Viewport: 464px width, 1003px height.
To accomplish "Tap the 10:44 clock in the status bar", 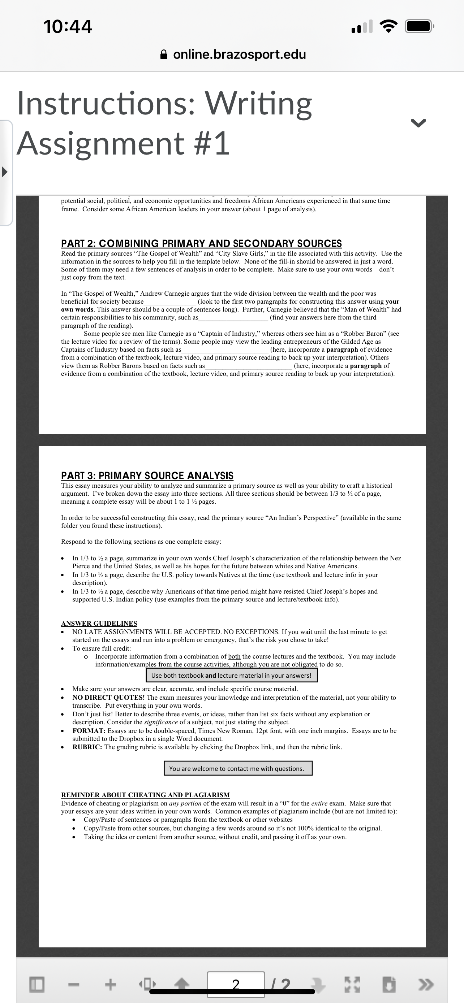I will [x=68, y=26].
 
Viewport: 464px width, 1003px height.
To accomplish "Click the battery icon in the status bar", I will [x=419, y=26].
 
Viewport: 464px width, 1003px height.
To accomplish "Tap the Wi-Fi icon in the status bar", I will [x=388, y=26].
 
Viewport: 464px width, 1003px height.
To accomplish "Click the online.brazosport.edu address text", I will [x=239, y=54].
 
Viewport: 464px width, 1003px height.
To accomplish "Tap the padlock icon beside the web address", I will [x=164, y=55].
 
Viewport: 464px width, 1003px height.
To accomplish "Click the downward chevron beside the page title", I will [x=418, y=123].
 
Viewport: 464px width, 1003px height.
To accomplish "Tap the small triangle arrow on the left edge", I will [x=5, y=171].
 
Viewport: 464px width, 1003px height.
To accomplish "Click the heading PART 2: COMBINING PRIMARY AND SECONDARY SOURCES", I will [x=201, y=243].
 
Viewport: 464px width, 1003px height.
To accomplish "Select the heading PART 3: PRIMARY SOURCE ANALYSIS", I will [x=147, y=476].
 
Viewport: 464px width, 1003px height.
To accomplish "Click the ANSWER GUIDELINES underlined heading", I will [x=99, y=624].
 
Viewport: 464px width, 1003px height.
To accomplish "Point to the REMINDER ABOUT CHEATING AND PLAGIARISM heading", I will [x=145, y=795].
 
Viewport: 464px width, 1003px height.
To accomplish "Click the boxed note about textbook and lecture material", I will [x=231, y=676].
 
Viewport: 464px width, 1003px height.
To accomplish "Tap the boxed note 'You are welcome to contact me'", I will [x=238, y=769].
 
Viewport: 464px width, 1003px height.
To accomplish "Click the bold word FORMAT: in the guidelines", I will [x=89, y=731].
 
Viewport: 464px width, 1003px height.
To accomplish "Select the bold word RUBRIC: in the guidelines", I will [x=87, y=747].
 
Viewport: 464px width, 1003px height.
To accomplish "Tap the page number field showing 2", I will [x=236, y=984].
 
